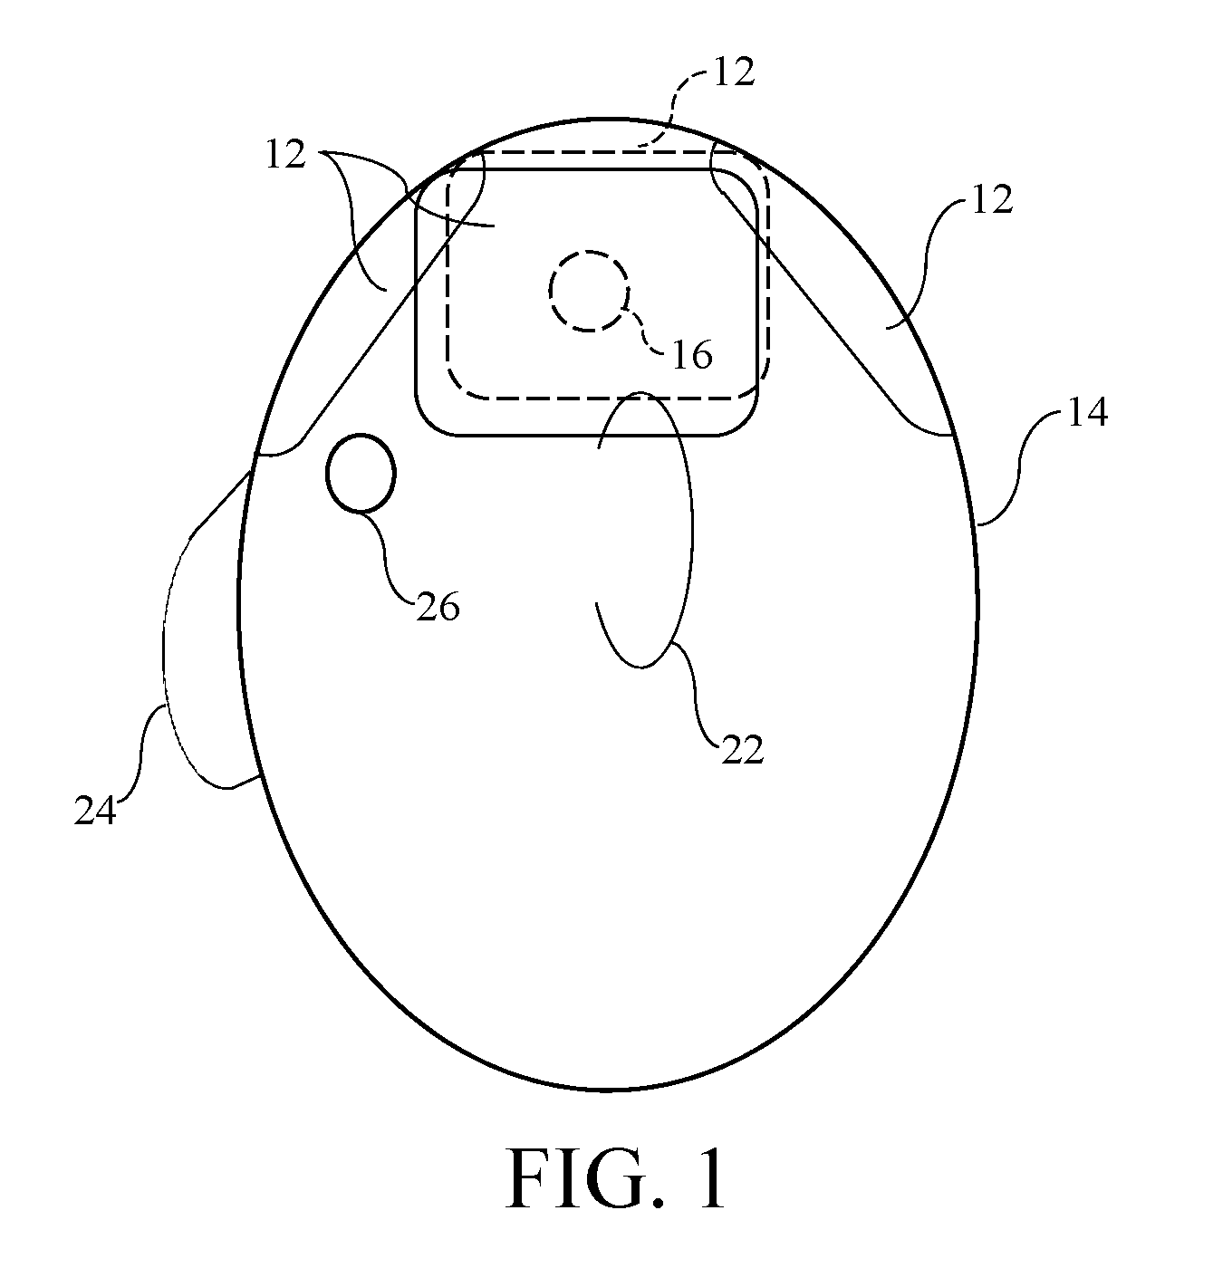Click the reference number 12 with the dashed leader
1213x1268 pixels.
(x=735, y=72)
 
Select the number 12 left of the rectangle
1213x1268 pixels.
(x=285, y=155)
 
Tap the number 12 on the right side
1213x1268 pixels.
(x=993, y=199)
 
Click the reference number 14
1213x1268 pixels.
(x=1087, y=412)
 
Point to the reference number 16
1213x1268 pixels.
(x=691, y=355)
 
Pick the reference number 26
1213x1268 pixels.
(x=438, y=607)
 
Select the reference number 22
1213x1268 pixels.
(x=742, y=749)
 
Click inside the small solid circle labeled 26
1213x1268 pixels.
(x=361, y=473)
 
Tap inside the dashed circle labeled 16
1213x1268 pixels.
(x=589, y=292)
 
